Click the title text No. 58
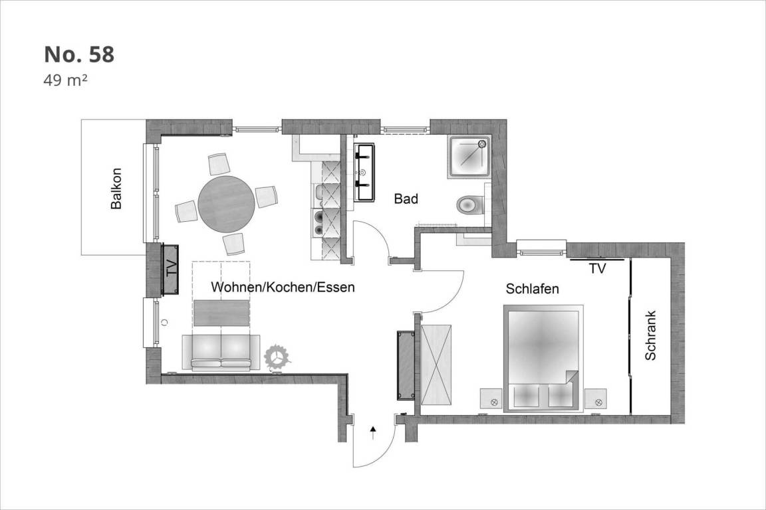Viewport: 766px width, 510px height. coord(79,54)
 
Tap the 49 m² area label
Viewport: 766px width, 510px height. coord(65,80)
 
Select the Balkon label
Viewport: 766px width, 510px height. coord(116,189)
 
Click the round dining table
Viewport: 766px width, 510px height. coord(226,204)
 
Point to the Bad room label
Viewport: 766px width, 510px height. coord(406,199)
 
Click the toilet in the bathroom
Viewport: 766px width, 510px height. coord(470,205)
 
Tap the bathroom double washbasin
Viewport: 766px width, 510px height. coord(364,172)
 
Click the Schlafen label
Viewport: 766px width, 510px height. coord(532,289)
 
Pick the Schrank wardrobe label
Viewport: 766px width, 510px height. coord(650,336)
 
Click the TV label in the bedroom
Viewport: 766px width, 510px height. coord(597,268)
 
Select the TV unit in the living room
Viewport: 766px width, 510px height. coord(170,269)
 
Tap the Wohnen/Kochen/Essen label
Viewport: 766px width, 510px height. coord(283,287)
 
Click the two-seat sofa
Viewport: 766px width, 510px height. coord(221,353)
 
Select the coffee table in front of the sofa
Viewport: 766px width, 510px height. coord(222,313)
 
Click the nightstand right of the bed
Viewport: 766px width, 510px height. coord(596,399)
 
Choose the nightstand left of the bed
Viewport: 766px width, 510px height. coord(491,399)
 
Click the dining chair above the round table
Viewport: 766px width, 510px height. coord(219,164)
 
